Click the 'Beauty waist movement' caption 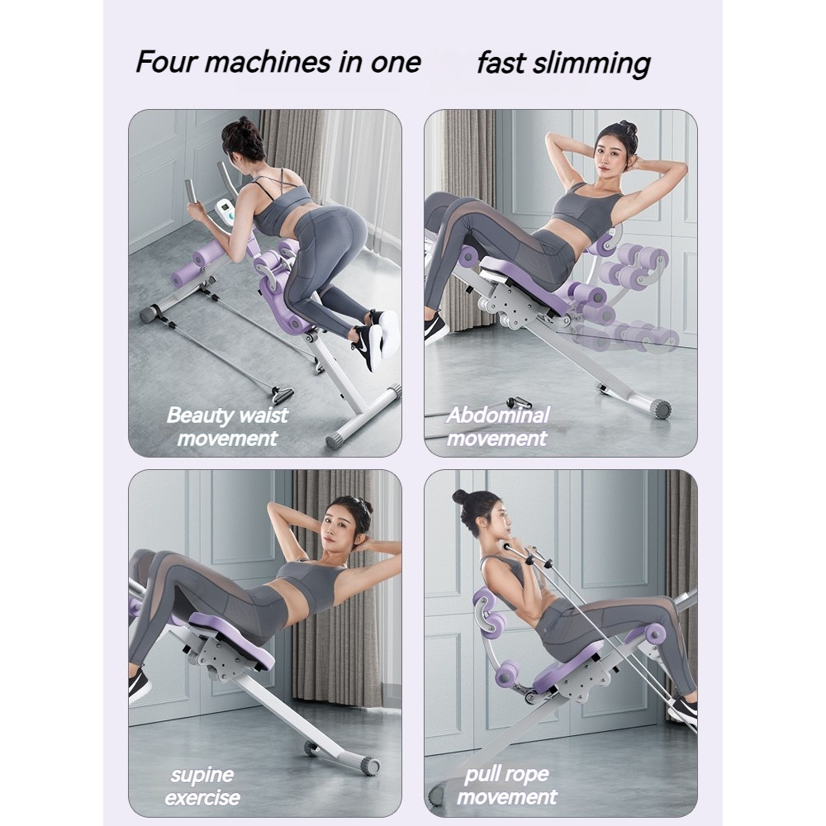pyautogui.click(x=227, y=427)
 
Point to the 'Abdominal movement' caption pyautogui.click(x=497, y=427)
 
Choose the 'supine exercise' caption pyautogui.click(x=202, y=786)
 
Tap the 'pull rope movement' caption pyautogui.click(x=506, y=786)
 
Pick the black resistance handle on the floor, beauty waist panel pyautogui.click(x=282, y=393)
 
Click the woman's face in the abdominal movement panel pyautogui.click(x=609, y=150)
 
